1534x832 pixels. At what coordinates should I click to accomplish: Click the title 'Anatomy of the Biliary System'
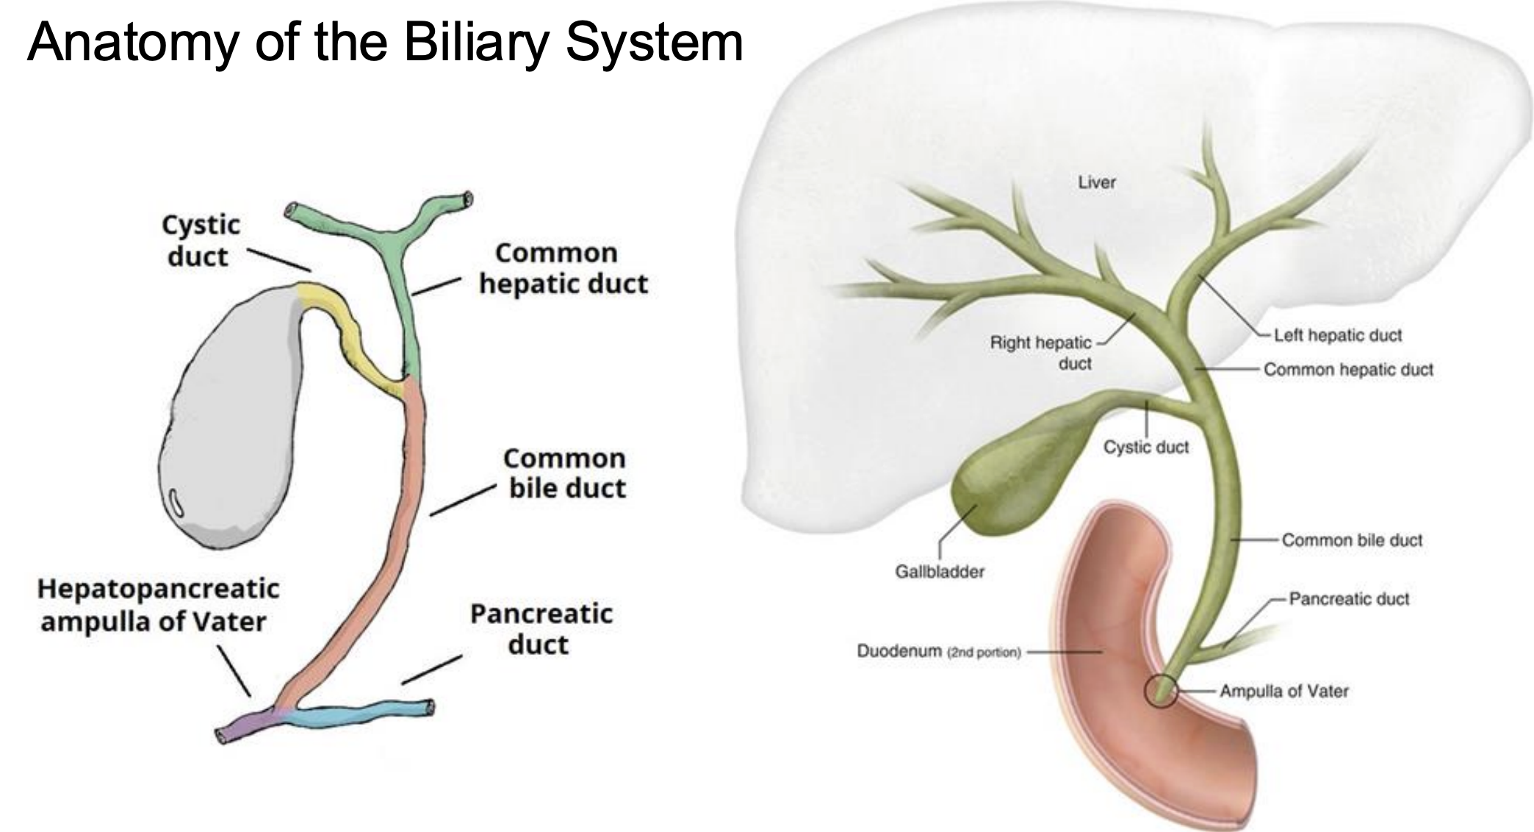[385, 43]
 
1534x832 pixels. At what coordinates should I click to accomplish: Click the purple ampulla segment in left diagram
[246, 725]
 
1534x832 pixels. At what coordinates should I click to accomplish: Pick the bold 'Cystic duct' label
[201, 240]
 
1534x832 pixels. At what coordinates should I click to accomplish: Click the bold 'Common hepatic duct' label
[563, 268]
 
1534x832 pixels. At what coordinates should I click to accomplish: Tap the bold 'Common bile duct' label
[565, 473]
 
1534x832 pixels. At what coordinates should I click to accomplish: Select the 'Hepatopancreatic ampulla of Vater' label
[158, 605]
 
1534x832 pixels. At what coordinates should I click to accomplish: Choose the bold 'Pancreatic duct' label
[541, 629]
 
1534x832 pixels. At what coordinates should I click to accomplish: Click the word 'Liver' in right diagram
[1097, 182]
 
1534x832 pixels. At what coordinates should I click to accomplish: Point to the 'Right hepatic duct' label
[1040, 353]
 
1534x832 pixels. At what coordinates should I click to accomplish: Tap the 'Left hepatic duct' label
[1338, 335]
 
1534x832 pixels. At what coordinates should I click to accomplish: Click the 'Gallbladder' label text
[940, 571]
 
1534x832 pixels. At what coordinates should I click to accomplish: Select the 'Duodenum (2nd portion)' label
[939, 651]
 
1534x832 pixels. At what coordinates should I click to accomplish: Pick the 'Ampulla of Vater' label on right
[1284, 691]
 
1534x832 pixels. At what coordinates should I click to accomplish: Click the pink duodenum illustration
[1131, 661]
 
